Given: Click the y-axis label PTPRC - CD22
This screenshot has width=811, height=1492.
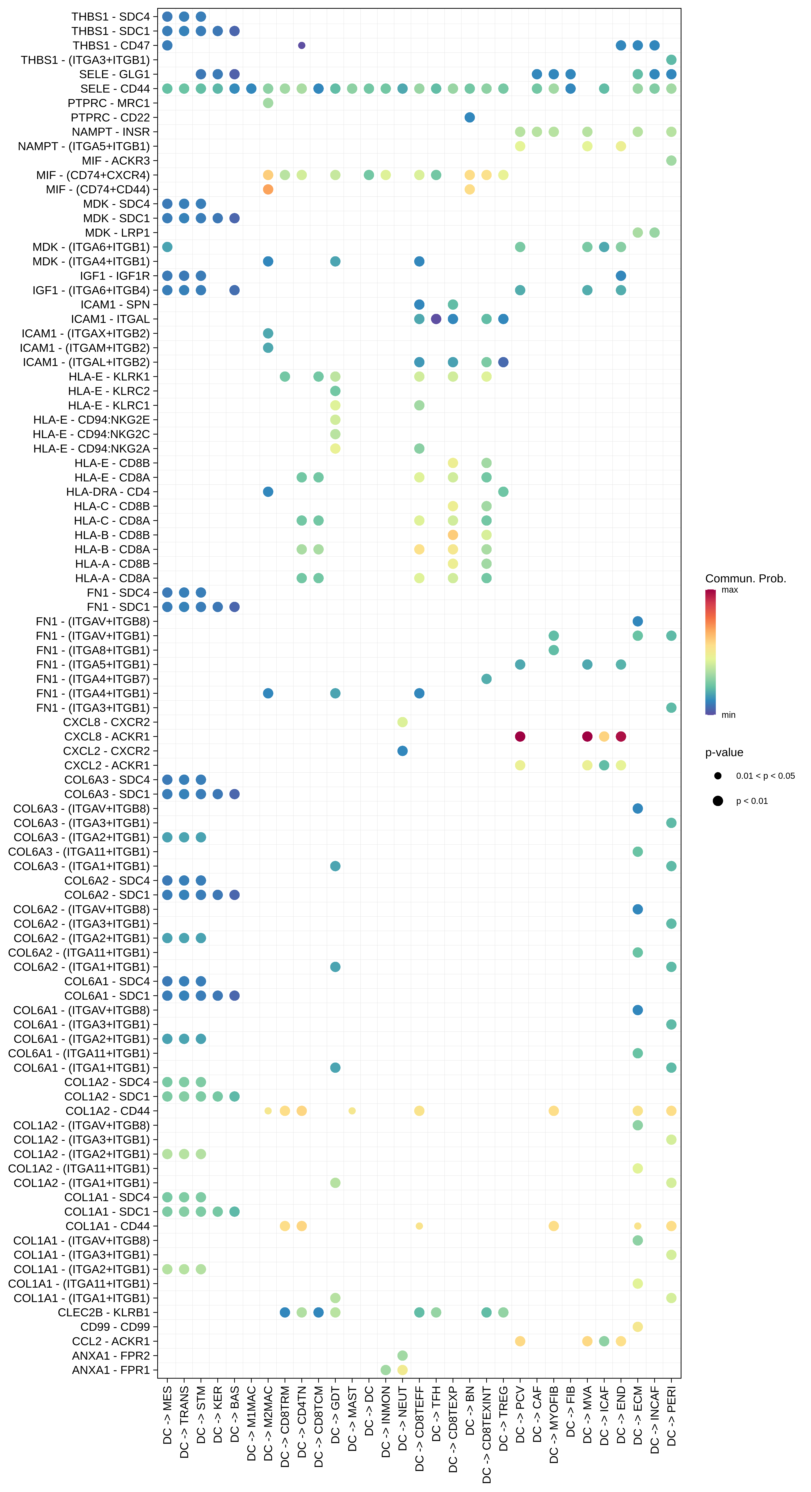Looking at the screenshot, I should (110, 117).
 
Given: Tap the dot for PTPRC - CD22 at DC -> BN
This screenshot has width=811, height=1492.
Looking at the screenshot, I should (469, 117).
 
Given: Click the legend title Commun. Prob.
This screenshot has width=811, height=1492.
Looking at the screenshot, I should (745, 579).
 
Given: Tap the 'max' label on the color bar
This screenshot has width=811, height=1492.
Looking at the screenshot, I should (729, 590).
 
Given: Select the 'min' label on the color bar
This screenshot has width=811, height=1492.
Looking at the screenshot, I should (728, 715).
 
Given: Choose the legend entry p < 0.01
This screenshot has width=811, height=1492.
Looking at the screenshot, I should (751, 801).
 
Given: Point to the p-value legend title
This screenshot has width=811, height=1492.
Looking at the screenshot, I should (724, 752).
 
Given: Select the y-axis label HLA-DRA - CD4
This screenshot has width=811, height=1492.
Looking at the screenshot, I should (108, 492).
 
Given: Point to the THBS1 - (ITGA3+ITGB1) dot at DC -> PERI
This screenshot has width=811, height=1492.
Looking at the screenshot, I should (671, 60).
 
